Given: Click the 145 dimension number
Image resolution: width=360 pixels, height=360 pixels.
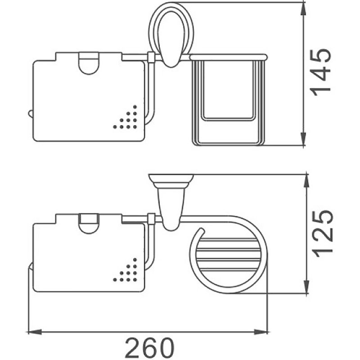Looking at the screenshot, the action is pyautogui.click(x=321, y=72).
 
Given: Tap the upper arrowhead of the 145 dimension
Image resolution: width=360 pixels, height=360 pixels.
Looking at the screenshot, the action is pyautogui.click(x=303, y=9).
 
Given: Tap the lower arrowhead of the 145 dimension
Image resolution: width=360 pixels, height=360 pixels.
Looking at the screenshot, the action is pyautogui.click(x=303, y=139).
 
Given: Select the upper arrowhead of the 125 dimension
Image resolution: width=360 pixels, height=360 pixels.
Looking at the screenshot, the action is pyautogui.click(x=306, y=182).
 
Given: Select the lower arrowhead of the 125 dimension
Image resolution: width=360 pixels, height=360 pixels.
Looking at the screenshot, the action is pyautogui.click(x=306, y=286).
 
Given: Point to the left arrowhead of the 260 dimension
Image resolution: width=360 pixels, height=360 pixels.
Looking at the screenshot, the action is pyautogui.click(x=35, y=332).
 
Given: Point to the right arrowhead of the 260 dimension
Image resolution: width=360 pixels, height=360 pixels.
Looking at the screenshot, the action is pyautogui.click(x=261, y=332).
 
